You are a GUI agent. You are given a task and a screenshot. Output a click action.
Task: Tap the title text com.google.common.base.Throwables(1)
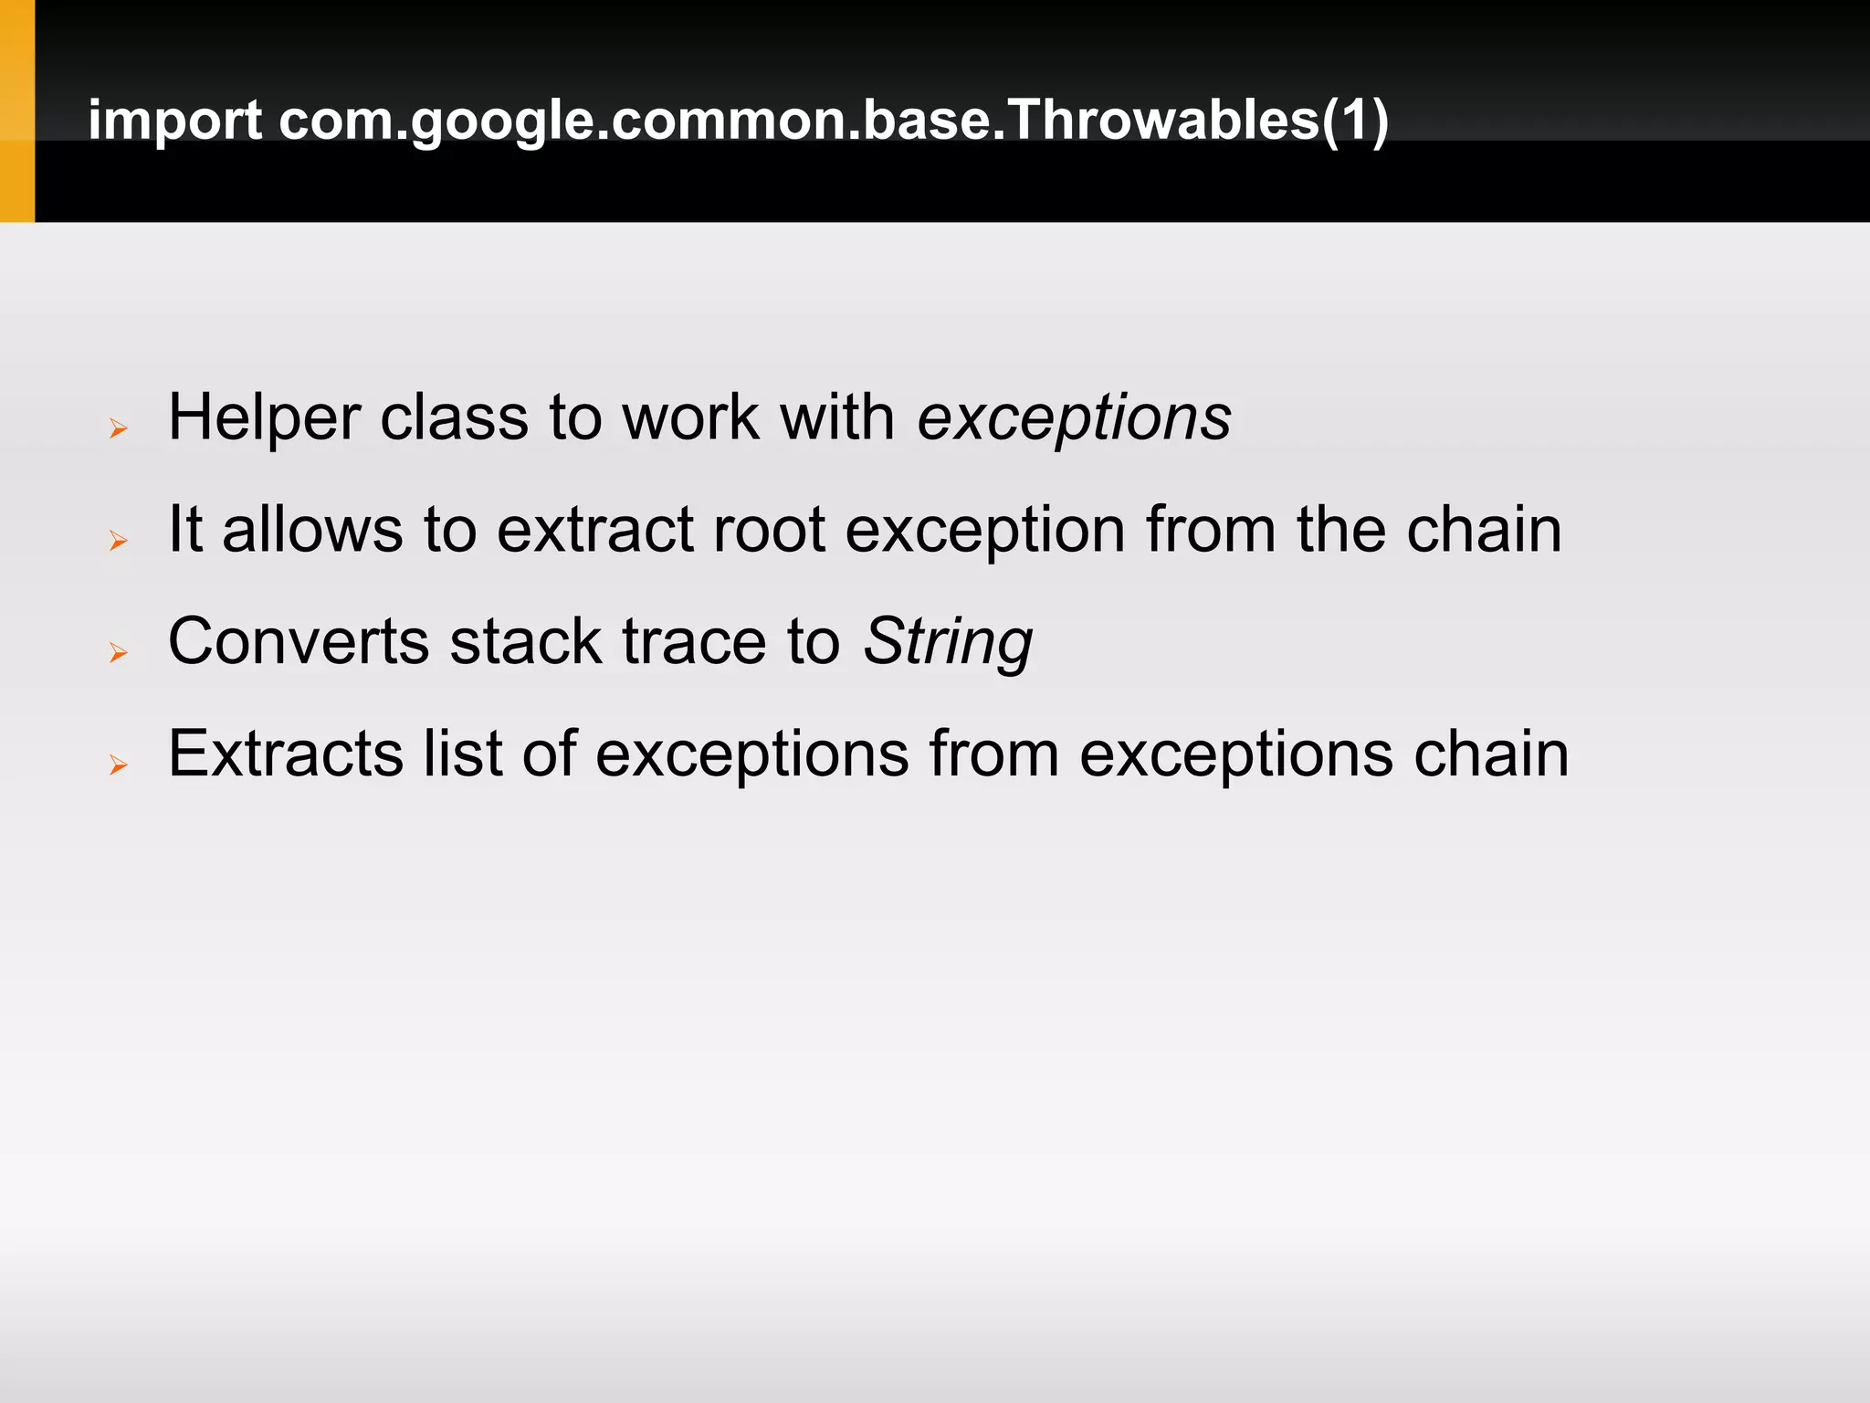pyautogui.click(x=833, y=121)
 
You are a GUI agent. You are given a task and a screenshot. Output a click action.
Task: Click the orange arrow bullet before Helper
pyautogui.click(x=118, y=427)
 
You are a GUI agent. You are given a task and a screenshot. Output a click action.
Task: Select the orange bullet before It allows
pyautogui.click(x=118, y=541)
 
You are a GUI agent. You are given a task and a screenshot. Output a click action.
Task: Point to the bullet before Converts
pyautogui.click(x=118, y=652)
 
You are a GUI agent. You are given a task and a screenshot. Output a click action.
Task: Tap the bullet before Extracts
pyautogui.click(x=118, y=765)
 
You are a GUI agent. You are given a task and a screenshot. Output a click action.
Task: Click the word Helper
pyautogui.click(x=265, y=418)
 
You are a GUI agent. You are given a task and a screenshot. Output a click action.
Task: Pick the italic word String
pyautogui.click(x=948, y=643)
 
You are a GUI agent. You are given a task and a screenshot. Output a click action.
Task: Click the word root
pyautogui.click(x=769, y=531)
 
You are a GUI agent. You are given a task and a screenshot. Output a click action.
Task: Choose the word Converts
pyautogui.click(x=299, y=642)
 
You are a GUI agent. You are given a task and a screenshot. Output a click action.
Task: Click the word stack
pyautogui.click(x=526, y=642)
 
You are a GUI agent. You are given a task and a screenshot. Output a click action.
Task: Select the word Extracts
pyautogui.click(x=286, y=754)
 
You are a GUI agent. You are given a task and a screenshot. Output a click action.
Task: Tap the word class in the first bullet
pyautogui.click(x=454, y=418)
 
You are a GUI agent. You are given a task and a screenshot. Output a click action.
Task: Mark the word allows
pyautogui.click(x=312, y=531)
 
